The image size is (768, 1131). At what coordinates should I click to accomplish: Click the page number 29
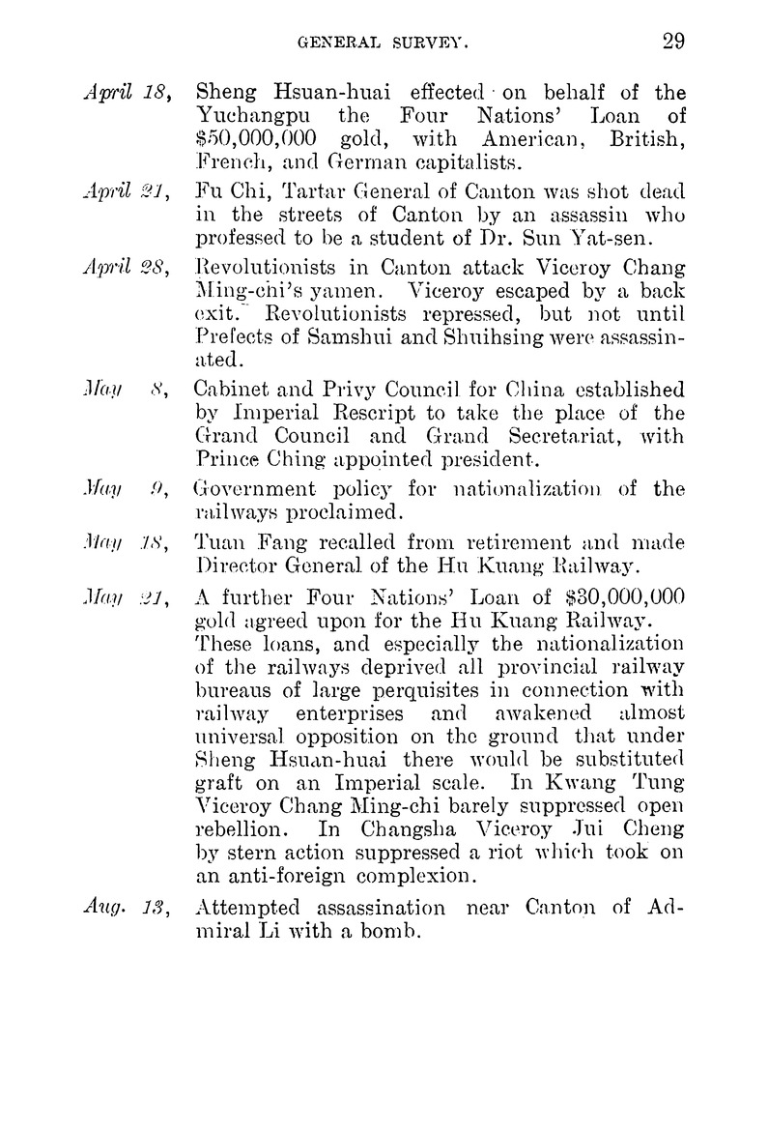coord(673,41)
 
